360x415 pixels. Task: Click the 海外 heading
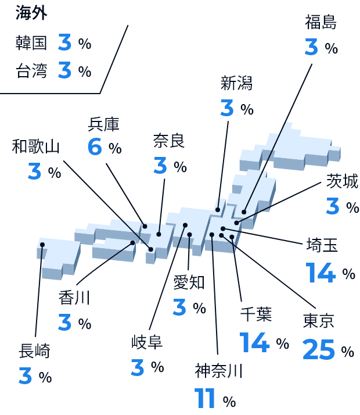pos(31,13)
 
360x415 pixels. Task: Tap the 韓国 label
pos(31,42)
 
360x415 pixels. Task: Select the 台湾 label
pos(31,71)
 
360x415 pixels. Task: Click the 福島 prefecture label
pos(321,22)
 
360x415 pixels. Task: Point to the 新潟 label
pos(236,83)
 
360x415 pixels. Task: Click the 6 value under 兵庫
pos(95,147)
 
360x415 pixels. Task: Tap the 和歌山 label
pos(35,146)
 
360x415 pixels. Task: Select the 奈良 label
pos(168,141)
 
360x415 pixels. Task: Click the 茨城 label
pos(342,181)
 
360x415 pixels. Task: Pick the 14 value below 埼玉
pos(321,273)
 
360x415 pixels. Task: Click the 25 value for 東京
pos(319,349)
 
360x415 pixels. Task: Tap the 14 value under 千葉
pos(254,342)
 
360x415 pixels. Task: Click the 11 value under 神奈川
pos(204,398)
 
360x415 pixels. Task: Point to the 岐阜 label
pos(147,342)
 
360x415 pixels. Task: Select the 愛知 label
pos(189,282)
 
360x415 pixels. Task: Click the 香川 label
pos(74,298)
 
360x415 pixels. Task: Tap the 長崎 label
pos(34,350)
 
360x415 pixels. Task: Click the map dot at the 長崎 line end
pos(42,245)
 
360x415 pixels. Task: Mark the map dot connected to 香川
pos(133,242)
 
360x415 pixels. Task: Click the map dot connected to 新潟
pos(218,210)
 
